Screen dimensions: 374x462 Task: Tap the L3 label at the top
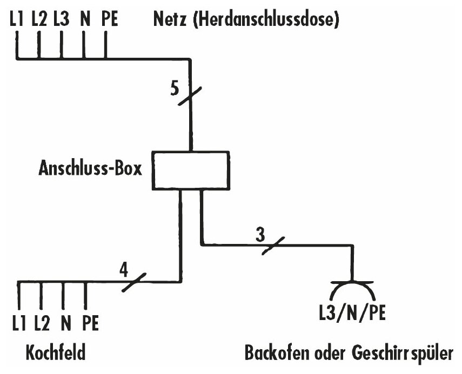pyautogui.click(x=61, y=21)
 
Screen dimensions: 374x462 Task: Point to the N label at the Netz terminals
pyautogui.click(x=84, y=21)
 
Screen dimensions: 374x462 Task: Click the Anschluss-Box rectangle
pyautogui.click(x=191, y=171)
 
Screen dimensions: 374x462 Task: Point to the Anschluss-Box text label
pyautogui.click(x=90, y=169)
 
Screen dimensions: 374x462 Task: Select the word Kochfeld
pyautogui.click(x=56, y=354)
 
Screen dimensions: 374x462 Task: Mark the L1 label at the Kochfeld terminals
pyautogui.click(x=18, y=324)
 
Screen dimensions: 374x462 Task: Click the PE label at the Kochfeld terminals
pyautogui.click(x=90, y=324)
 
